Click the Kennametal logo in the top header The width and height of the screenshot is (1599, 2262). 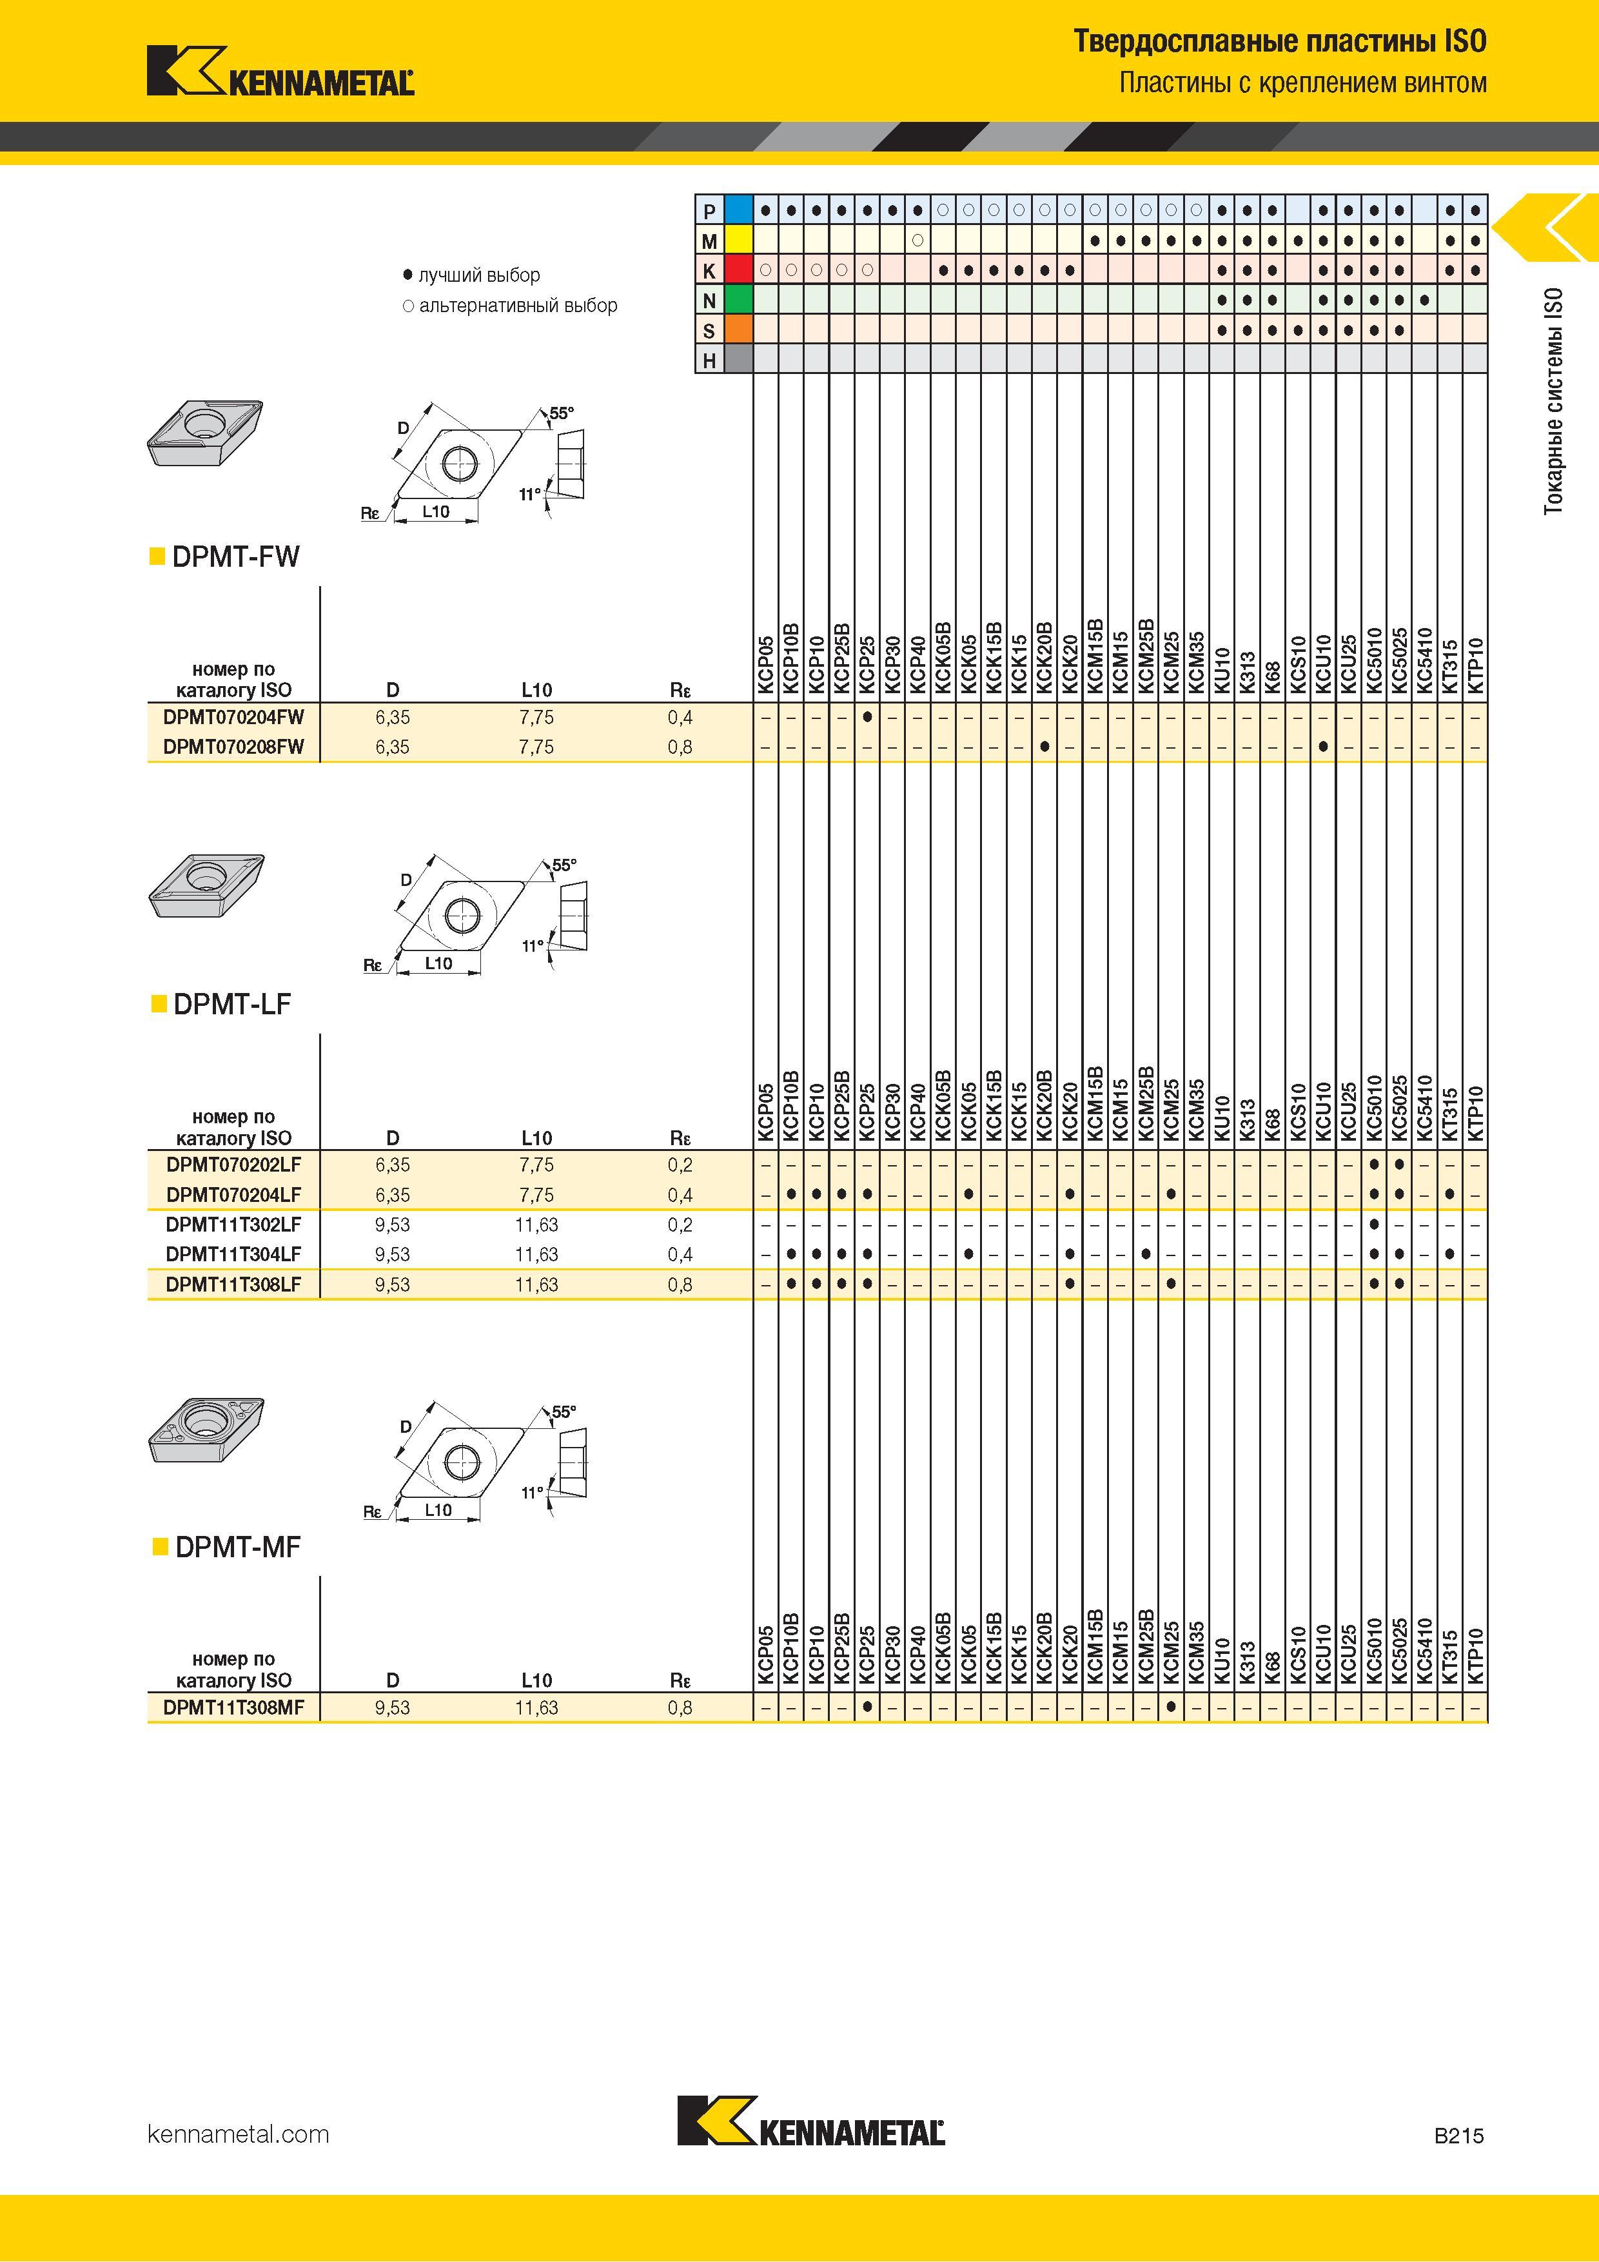pos(280,71)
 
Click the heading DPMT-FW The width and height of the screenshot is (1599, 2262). pos(235,556)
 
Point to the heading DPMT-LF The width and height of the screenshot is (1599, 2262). pos(233,1004)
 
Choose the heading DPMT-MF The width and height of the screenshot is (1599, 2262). pos(237,1547)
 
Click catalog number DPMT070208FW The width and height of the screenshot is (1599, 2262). pos(233,747)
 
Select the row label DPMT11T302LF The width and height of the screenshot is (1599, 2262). pos(233,1224)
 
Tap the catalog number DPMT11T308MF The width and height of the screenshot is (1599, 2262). pos(233,1707)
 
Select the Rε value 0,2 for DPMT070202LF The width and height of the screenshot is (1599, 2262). pos(680,1165)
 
